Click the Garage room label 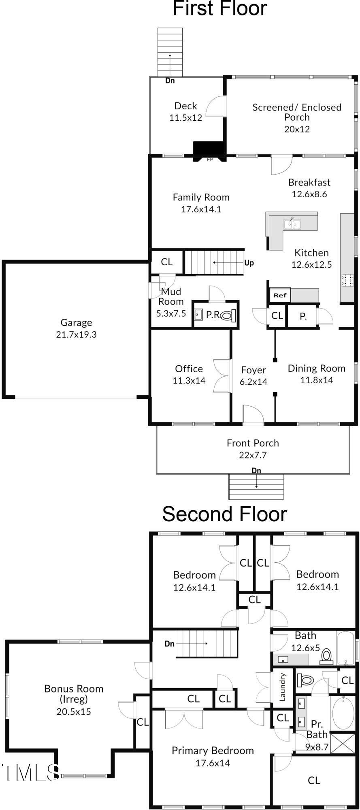coord(76,322)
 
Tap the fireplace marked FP coord(209,150)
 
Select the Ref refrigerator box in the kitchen coord(279,295)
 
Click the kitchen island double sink coord(292,224)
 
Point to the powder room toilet coord(228,315)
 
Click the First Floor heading coord(220,8)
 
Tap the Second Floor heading coord(224,514)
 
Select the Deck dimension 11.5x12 coord(185,118)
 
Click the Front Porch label coord(253,443)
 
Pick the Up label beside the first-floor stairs coord(249,263)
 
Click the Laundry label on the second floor coord(283,687)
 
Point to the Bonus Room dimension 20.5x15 coord(74,712)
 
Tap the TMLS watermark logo coord(30,772)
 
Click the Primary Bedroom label coord(213,750)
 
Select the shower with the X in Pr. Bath coord(342,743)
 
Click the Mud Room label coord(171,296)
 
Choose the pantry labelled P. coord(302,317)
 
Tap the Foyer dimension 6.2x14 coord(253,382)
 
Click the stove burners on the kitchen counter coord(347,280)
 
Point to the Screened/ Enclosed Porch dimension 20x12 coord(297,129)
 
